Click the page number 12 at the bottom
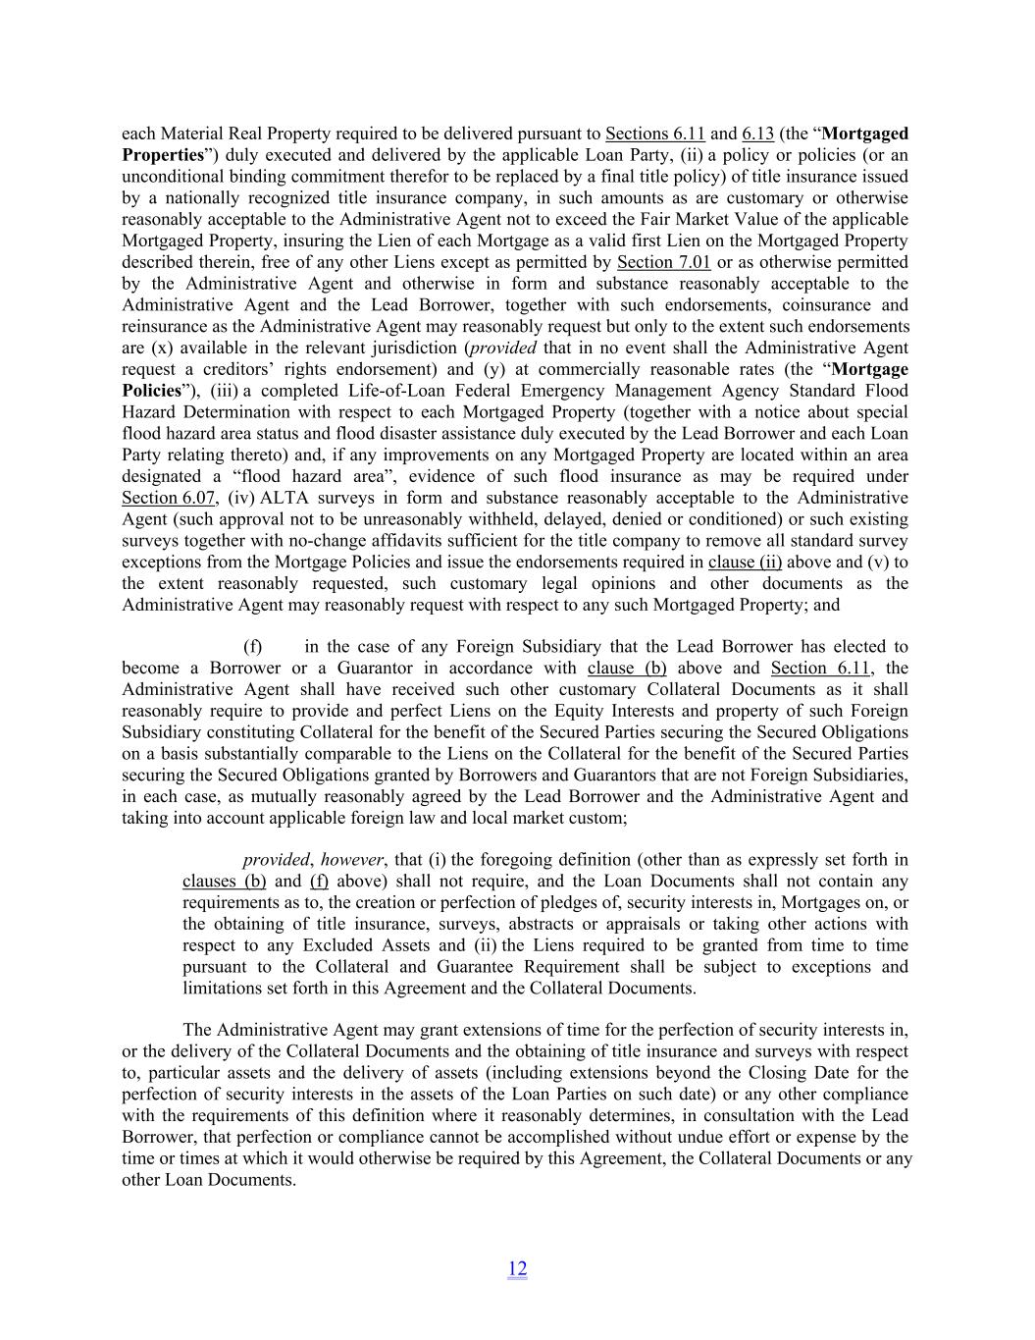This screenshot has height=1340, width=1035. [517, 1268]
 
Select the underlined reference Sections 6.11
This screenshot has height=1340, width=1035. [654, 134]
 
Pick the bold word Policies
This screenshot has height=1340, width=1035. [152, 391]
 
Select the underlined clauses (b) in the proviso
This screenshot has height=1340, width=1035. [224, 882]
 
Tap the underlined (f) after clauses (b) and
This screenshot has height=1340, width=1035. [318, 882]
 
